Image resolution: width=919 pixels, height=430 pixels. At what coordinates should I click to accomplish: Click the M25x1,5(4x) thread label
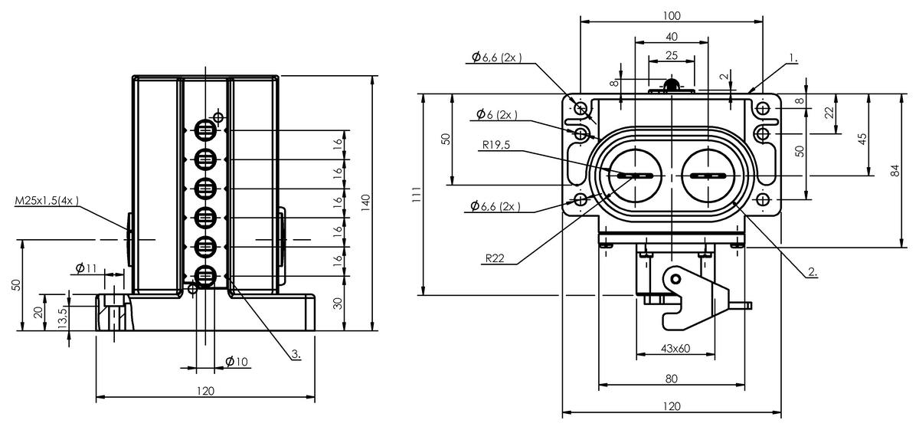[x=47, y=201]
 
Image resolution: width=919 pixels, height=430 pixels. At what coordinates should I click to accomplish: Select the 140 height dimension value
[x=365, y=203]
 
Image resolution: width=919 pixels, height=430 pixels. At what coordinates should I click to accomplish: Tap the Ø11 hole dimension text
[x=86, y=268]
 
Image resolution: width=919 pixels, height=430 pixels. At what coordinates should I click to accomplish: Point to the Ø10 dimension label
[x=237, y=362]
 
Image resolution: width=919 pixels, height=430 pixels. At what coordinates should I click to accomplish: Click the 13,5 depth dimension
[x=62, y=317]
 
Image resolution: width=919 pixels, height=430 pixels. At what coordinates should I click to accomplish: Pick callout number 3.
[x=296, y=353]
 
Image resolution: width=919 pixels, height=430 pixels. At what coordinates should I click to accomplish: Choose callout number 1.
[x=794, y=58]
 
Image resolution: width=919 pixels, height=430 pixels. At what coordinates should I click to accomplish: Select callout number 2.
[x=813, y=271]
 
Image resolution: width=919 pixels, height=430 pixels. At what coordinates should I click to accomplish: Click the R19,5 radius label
[x=496, y=145]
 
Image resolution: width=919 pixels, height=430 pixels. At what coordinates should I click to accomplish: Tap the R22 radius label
[x=495, y=258]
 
